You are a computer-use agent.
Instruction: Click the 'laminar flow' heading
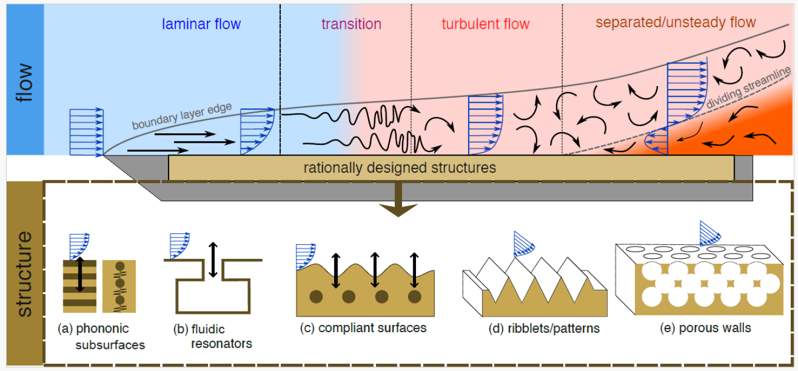coord(201,24)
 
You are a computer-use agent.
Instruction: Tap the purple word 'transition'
coord(351,24)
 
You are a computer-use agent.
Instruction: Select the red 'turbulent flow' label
coord(485,24)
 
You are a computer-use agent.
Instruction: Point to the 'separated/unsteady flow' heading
coord(676,22)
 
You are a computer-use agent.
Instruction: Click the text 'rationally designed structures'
coord(399,167)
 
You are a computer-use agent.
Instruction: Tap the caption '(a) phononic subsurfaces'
coord(101,337)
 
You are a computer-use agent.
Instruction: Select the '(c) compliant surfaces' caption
coord(363,328)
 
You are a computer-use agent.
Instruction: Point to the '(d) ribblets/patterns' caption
coord(544,328)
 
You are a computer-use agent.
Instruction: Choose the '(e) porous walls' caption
coord(700,328)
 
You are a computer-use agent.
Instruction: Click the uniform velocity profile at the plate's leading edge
coord(86,132)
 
